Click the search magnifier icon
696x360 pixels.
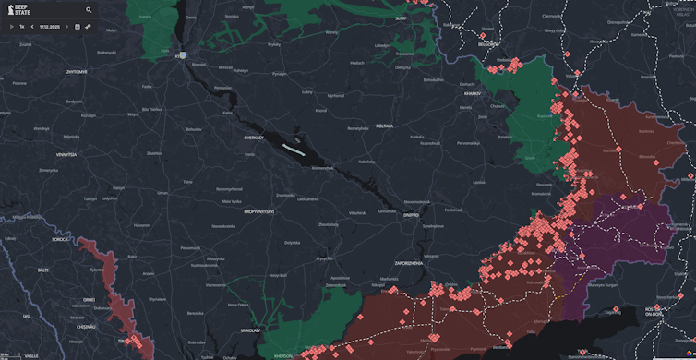[89, 10]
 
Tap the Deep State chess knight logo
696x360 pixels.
[10, 10]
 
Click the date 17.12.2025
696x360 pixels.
[50, 27]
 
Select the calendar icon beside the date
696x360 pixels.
[78, 27]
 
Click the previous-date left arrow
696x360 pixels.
[32, 27]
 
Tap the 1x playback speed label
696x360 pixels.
[22, 27]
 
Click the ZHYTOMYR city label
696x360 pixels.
[77, 71]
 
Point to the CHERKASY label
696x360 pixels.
[254, 138]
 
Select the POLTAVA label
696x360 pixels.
[384, 126]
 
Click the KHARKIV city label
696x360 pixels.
[473, 93]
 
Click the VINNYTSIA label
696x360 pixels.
[64, 155]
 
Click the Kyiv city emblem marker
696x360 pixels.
[183, 55]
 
